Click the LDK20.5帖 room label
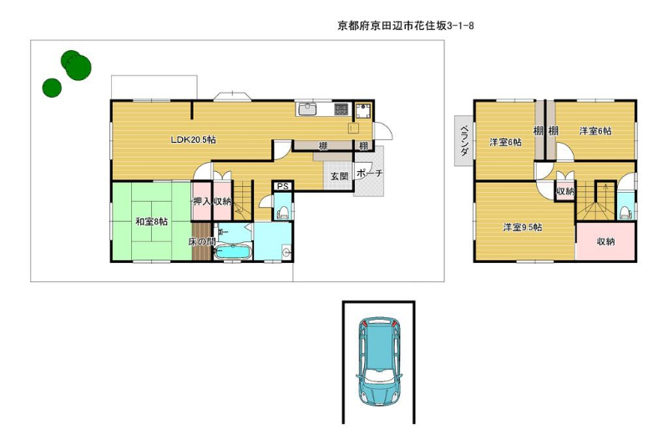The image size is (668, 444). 193,139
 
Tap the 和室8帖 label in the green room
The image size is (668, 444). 151,221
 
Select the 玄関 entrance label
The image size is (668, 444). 340,176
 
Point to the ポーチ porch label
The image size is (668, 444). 369,174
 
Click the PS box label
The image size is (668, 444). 283,186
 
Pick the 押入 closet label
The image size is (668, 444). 202,201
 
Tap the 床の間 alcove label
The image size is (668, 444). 202,242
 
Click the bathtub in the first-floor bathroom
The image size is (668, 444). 232,251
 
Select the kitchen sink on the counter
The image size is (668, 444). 306,109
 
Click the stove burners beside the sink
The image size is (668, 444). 341,109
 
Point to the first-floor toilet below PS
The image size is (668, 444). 282,211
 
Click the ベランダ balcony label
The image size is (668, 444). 465,140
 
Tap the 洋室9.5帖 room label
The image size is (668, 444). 523,227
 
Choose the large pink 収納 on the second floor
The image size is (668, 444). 605,241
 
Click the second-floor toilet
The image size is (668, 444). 625,212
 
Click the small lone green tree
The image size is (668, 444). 52,88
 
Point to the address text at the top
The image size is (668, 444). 406,26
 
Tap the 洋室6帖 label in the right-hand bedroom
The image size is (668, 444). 595,131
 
